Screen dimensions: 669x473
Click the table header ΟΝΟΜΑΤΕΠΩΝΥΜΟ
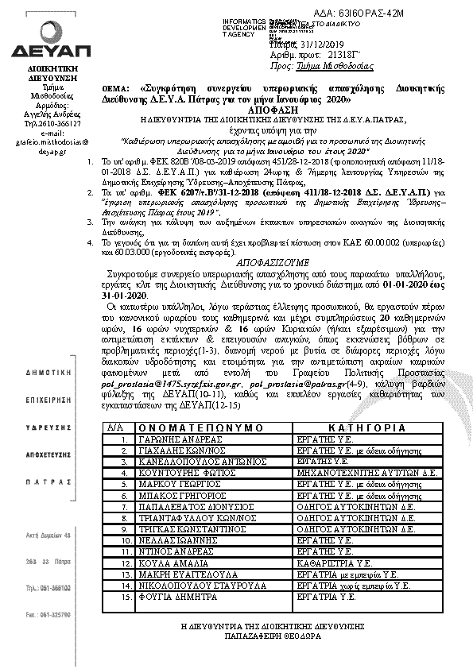[x=200, y=427]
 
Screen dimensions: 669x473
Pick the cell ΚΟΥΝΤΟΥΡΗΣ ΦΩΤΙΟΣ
[x=180, y=471]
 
